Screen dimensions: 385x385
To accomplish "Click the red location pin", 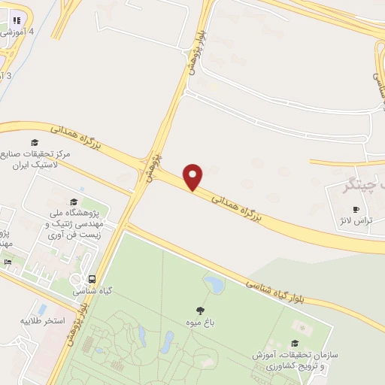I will [193, 176].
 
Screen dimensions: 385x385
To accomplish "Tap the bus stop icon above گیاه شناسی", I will [90, 277].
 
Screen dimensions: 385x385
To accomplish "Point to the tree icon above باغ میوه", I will [200, 310].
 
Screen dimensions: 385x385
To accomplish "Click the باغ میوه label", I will [201, 323].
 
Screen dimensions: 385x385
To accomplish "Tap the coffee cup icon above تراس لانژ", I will [356, 210].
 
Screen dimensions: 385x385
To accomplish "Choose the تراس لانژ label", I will [356, 223].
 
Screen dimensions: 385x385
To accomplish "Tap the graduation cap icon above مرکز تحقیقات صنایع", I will [35, 142].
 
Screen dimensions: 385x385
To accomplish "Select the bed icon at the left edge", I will [8, 262].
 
